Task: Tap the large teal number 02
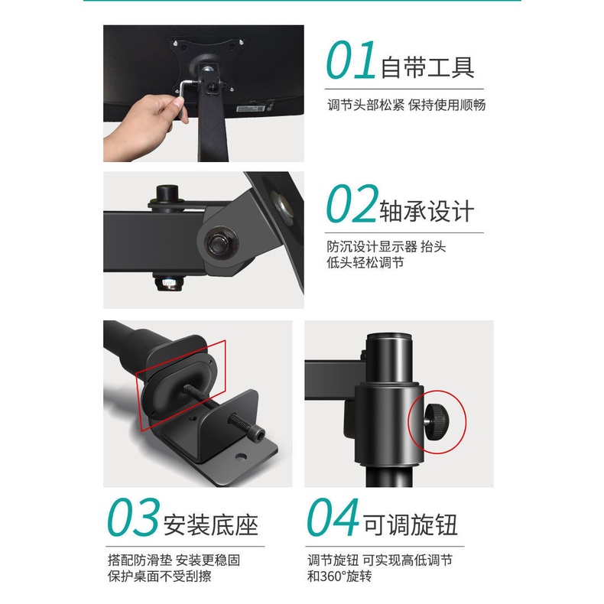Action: (352, 203)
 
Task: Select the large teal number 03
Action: (133, 516)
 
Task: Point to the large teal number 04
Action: (333, 516)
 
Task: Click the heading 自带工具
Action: (427, 67)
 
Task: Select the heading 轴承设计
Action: (427, 210)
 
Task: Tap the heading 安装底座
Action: (211, 524)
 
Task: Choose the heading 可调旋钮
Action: (411, 524)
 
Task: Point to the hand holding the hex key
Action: (146, 125)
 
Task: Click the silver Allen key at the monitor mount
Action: (186, 93)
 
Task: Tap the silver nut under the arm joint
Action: (169, 283)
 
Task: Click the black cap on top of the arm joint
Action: (167, 193)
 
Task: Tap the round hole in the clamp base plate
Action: (241, 457)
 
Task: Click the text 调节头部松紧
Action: (365, 105)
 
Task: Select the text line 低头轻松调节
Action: (365, 263)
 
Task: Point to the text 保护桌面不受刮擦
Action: (160, 576)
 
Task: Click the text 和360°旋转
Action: (339, 576)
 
